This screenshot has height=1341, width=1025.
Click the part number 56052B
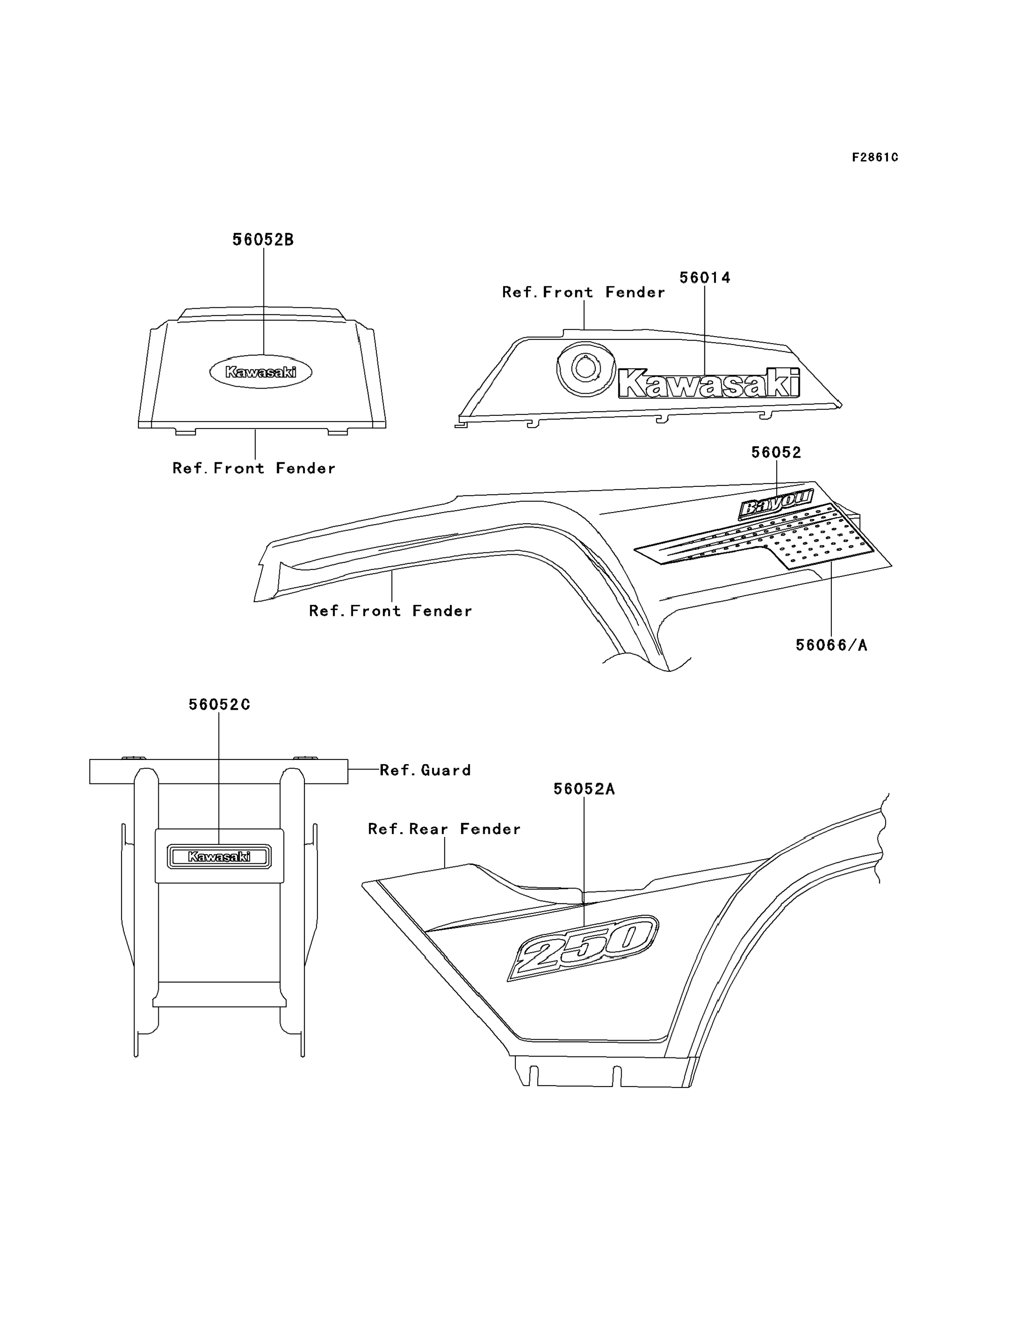point(263,240)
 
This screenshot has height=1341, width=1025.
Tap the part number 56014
point(705,278)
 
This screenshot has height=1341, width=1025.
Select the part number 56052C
point(219,705)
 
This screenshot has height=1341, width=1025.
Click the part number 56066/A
point(831,645)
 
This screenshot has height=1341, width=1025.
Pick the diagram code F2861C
point(875,157)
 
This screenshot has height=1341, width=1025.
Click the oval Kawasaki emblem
point(260,371)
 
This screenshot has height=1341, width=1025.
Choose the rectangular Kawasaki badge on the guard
point(219,856)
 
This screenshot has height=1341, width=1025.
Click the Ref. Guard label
point(425,770)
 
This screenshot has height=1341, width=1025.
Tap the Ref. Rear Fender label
point(444,829)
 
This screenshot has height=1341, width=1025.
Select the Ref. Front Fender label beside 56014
point(583,292)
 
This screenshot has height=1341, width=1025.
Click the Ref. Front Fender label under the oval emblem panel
point(254,468)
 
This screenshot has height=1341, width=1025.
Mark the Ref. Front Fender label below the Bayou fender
point(390,611)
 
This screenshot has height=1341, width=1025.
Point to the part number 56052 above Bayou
point(776,452)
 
